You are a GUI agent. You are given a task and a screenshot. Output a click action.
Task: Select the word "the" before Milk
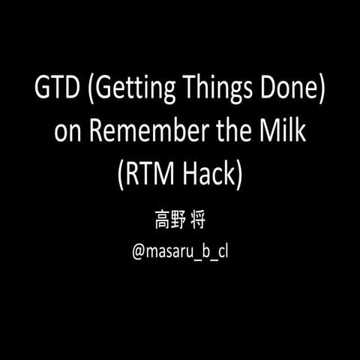[227, 132]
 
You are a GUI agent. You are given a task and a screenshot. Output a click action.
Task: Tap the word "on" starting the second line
[67, 133]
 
